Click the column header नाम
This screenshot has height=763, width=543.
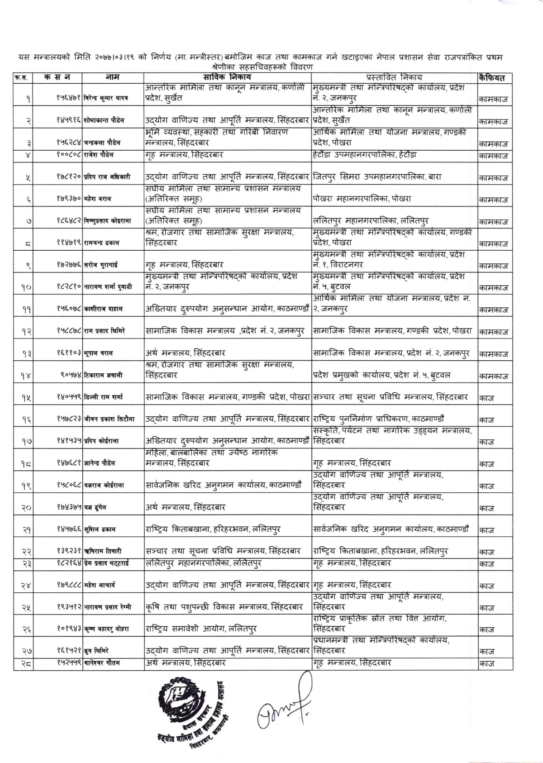(x=112, y=78)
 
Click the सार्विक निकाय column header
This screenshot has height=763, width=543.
(x=228, y=78)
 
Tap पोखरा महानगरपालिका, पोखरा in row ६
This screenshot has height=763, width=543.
(x=362, y=199)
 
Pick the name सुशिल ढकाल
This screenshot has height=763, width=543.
(x=100, y=529)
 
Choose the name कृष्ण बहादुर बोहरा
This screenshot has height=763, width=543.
(x=107, y=629)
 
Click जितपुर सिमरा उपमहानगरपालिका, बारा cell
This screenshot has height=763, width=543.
(x=377, y=177)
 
